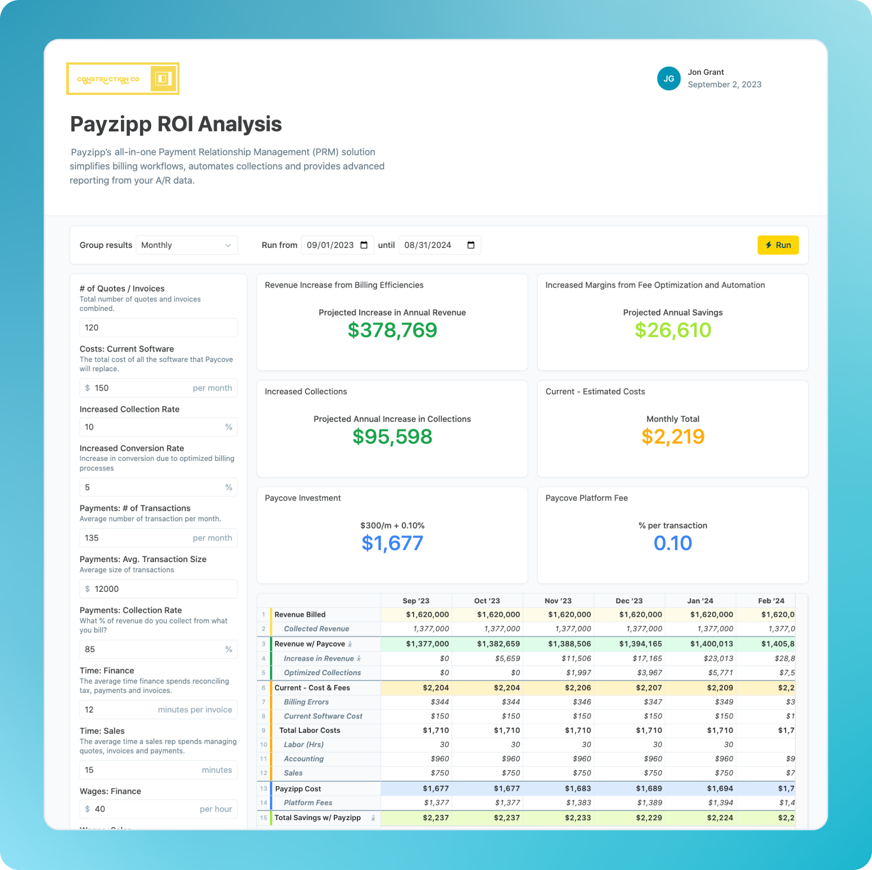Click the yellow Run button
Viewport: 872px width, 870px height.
778,245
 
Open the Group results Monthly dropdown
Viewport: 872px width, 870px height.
187,245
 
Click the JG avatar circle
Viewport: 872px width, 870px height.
669,79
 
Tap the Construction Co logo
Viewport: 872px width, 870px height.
123,79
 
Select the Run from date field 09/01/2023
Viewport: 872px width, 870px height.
337,245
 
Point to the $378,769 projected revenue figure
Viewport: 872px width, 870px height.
392,330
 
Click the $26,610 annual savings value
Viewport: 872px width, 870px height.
672,330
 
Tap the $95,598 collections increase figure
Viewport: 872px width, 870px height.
392,437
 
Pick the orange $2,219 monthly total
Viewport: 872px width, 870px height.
672,437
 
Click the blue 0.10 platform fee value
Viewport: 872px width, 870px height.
672,543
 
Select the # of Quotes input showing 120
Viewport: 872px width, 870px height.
158,328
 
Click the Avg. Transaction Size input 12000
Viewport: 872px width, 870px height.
158,589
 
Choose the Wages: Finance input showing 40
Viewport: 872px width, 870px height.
158,809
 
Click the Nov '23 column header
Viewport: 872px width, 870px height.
558,601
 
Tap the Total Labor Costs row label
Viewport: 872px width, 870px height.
310,730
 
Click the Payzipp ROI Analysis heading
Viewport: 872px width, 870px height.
176,124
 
